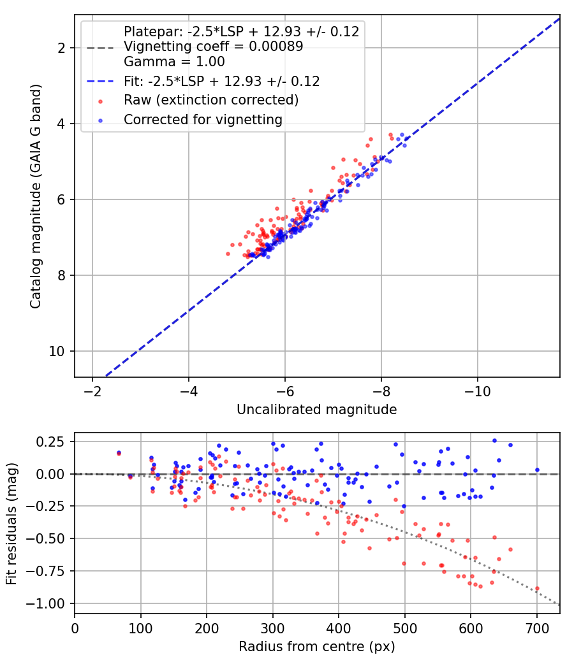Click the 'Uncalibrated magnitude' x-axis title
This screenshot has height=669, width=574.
tap(316, 410)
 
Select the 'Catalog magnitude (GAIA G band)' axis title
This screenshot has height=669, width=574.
tap(36, 196)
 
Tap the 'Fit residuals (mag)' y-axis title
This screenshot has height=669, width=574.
tap(11, 524)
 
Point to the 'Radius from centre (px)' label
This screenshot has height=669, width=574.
tap(316, 647)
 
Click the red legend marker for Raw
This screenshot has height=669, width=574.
tap(100, 101)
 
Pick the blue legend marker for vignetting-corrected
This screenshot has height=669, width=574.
tap(100, 121)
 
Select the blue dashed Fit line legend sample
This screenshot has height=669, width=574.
tap(100, 82)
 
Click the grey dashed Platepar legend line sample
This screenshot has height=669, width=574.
tap(100, 47)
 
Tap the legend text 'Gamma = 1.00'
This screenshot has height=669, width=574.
tap(174, 62)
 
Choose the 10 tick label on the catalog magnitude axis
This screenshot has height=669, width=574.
tap(57, 352)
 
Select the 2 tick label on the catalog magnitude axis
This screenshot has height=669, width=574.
tap(61, 48)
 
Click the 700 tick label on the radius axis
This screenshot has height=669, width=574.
tap(536, 628)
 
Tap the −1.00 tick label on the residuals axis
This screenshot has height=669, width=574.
tap(45, 604)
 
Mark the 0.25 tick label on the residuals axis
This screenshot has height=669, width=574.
tap(50, 442)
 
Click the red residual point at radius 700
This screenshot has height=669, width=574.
tap(537, 589)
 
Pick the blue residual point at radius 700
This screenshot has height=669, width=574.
tap(537, 470)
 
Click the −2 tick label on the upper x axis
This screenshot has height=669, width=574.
tap(92, 391)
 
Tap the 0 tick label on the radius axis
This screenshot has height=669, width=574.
tap(75, 628)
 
